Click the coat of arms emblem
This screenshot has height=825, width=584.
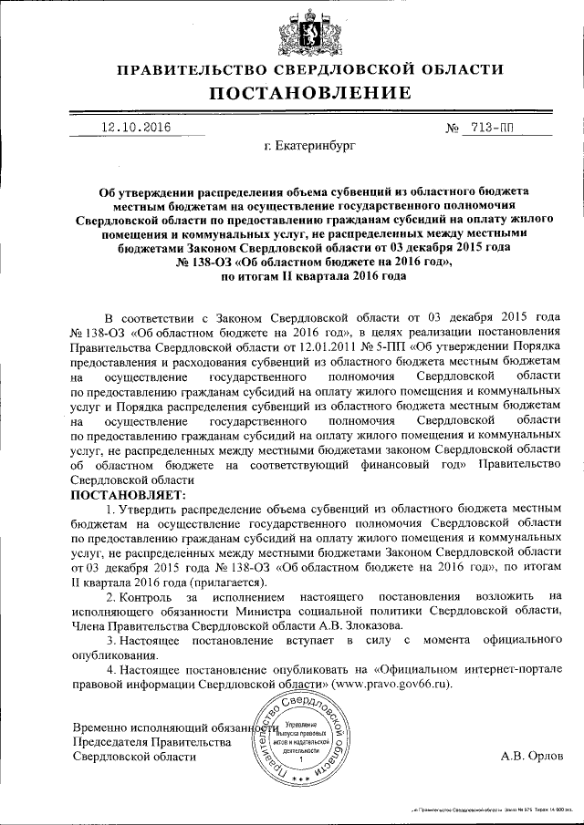(x=291, y=28)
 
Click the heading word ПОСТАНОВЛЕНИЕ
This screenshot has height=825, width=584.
(x=291, y=92)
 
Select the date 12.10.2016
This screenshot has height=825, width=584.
(x=136, y=128)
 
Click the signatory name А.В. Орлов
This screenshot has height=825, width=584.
(x=533, y=756)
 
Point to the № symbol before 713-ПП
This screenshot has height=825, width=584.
(x=452, y=129)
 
